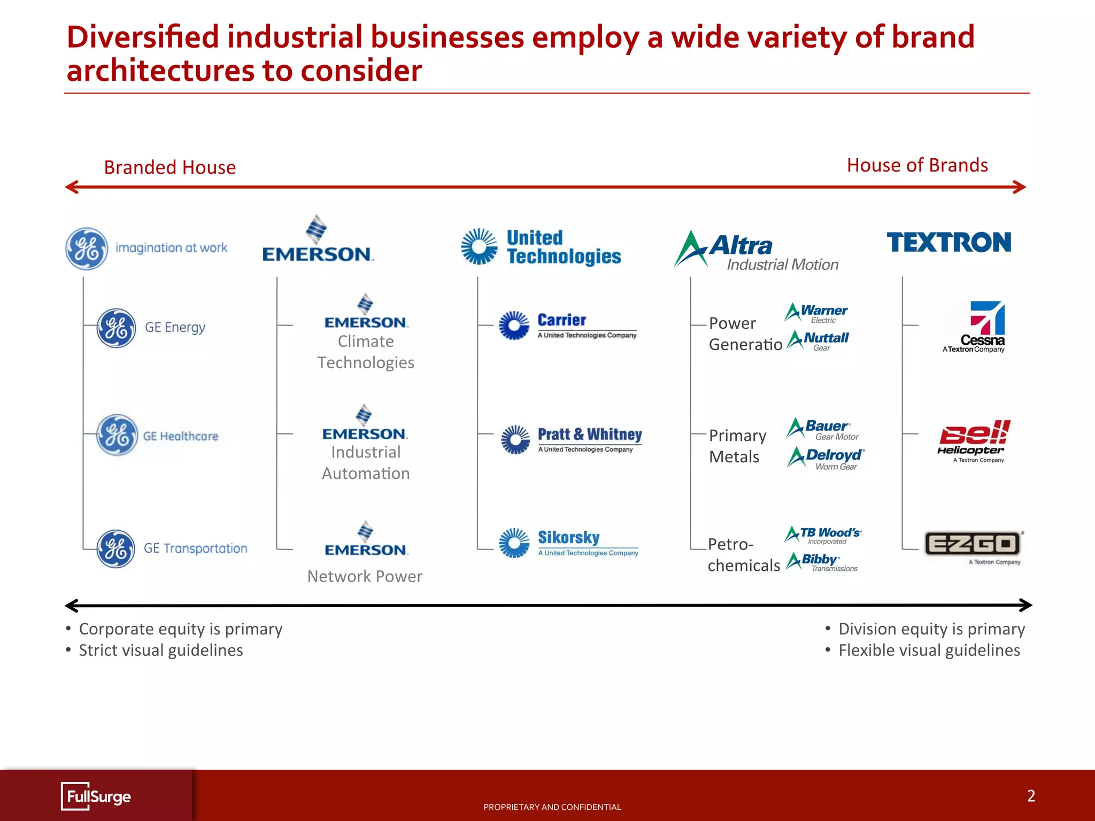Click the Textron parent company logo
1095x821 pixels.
click(949, 242)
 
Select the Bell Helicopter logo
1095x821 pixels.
click(974, 439)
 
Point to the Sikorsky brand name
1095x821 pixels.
click(568, 537)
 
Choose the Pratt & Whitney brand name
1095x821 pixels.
click(589, 434)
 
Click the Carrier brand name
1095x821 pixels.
click(561, 320)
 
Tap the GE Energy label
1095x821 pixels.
click(175, 327)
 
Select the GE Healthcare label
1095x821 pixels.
click(181, 436)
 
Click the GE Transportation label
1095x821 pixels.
click(195, 548)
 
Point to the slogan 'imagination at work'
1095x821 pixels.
click(171, 248)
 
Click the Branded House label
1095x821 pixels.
click(169, 167)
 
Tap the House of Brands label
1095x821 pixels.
click(917, 165)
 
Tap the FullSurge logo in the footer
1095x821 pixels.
click(96, 796)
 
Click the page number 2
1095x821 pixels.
click(1031, 796)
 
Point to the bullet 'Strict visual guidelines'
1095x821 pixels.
click(160, 650)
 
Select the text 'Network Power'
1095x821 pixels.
click(365, 576)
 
